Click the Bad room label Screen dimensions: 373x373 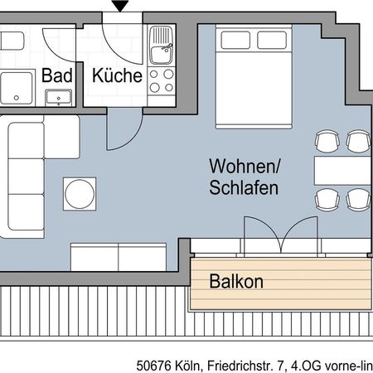click(x=58, y=75)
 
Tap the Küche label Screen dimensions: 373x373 click(x=116, y=75)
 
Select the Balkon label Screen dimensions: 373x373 click(x=236, y=282)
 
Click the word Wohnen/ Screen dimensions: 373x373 click(x=244, y=166)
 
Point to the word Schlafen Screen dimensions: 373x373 click(x=244, y=187)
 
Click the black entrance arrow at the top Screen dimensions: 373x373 click(x=121, y=7)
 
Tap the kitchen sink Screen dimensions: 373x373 click(x=161, y=41)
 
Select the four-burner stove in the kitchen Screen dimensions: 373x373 click(x=161, y=80)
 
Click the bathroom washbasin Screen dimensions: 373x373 click(x=58, y=99)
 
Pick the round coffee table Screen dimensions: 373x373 click(x=80, y=194)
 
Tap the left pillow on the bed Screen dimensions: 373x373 click(x=235, y=39)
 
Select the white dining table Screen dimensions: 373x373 click(x=342, y=171)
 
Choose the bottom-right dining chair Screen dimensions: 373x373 click(x=357, y=200)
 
